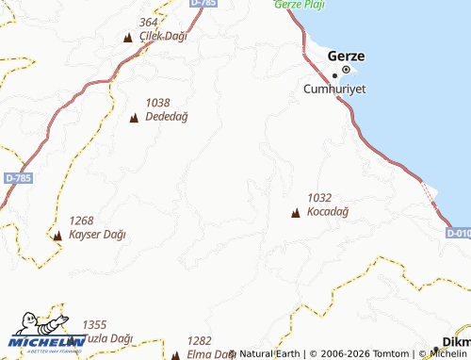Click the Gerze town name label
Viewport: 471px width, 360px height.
[x=347, y=56]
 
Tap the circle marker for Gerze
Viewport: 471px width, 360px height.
[x=345, y=71]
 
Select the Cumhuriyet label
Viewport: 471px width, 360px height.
[x=334, y=89]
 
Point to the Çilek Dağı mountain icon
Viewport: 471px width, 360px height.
[x=128, y=38]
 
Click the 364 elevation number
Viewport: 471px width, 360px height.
[x=148, y=23]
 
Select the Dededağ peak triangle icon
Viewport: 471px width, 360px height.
[x=133, y=118]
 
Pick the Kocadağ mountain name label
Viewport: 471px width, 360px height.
[x=328, y=212]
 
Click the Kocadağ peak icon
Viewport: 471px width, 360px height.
[x=296, y=214]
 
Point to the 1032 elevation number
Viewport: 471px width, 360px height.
[x=319, y=198]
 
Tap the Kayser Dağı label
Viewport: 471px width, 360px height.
[x=97, y=235]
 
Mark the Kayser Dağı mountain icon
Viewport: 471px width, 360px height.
[x=57, y=236]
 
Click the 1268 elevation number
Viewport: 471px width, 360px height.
[x=82, y=221]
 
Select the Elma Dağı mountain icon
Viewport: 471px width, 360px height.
[x=175, y=355]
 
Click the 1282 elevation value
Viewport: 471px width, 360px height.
[x=199, y=340]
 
